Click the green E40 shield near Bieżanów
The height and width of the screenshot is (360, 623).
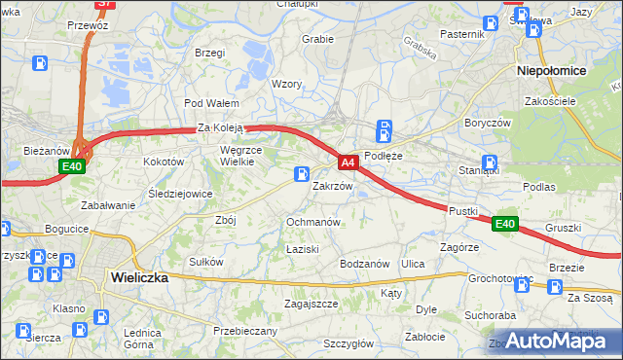[x=72, y=167]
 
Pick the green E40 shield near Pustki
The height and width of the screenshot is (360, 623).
[x=503, y=224]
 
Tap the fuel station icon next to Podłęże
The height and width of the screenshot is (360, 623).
[x=385, y=129]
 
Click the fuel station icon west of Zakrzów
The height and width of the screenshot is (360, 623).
[x=302, y=174]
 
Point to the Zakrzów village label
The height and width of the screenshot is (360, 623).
[x=331, y=186]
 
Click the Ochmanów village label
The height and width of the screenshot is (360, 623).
[x=312, y=222]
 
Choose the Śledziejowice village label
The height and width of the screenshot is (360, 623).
[x=181, y=193]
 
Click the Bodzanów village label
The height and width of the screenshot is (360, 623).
[x=364, y=264]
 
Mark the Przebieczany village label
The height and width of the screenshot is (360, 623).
[x=245, y=331]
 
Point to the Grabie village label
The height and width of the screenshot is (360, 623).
[x=318, y=40]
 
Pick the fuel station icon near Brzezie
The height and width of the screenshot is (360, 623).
[x=555, y=287]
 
